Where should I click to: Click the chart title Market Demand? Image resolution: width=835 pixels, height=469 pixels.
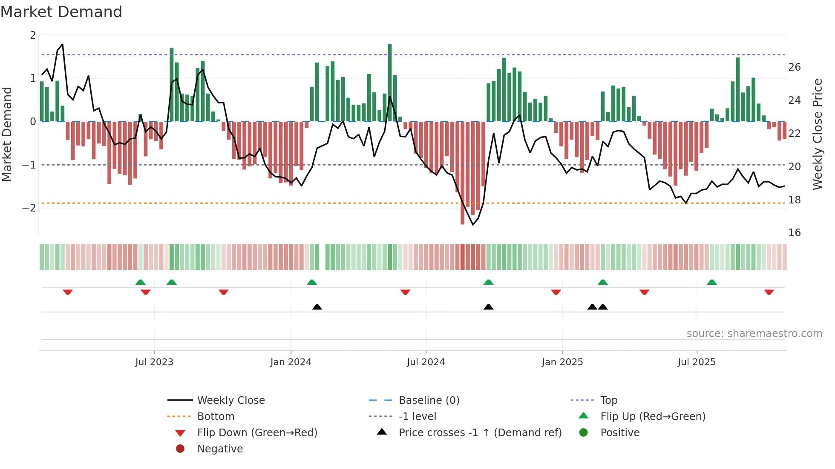click(x=61, y=12)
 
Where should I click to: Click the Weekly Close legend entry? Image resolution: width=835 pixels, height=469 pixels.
click(x=230, y=400)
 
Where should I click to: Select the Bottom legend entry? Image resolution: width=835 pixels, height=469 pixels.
click(x=216, y=416)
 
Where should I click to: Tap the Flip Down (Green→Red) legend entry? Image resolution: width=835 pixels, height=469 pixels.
click(x=257, y=432)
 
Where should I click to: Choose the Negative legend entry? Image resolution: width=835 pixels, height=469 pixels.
click(x=220, y=449)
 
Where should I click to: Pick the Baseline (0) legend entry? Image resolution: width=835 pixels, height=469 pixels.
click(x=429, y=400)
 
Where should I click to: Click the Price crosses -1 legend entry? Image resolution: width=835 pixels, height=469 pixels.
click(x=480, y=432)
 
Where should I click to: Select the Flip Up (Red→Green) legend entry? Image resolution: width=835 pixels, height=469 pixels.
click(x=653, y=416)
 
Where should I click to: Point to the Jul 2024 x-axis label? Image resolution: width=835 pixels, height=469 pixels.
click(x=426, y=362)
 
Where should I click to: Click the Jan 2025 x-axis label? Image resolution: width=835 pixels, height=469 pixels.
click(x=562, y=362)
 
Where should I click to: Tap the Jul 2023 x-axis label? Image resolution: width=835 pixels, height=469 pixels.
click(x=154, y=362)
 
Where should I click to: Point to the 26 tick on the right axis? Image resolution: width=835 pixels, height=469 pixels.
click(x=794, y=67)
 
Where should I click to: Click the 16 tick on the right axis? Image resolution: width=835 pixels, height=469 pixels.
click(x=794, y=232)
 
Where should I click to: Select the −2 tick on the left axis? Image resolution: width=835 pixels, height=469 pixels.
click(x=29, y=208)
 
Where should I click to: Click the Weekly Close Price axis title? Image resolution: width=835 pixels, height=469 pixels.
click(x=817, y=134)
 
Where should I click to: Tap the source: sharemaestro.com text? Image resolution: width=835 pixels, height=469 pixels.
click(x=754, y=333)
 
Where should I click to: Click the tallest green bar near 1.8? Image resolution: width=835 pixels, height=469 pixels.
click(x=390, y=81)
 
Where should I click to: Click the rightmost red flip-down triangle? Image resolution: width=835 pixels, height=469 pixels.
click(x=769, y=292)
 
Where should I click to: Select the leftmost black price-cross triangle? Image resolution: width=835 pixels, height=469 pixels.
click(x=317, y=307)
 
